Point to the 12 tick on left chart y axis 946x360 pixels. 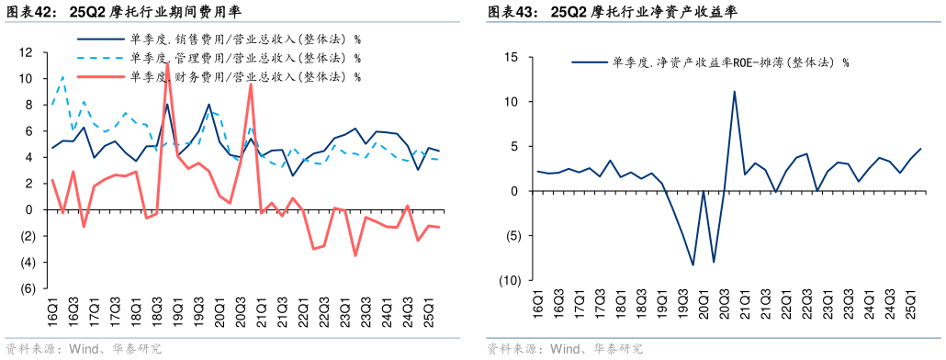coord(27,52)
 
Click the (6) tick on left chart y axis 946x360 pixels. coord(27,288)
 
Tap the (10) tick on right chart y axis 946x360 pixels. coord(508,280)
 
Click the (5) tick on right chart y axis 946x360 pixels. coord(511,236)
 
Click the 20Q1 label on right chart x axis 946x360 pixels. coord(704,307)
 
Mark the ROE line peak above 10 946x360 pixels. coord(734,91)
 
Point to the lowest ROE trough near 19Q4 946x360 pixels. coord(693,264)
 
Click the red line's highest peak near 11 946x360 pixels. coord(166,64)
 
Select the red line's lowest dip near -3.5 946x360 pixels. coord(355,255)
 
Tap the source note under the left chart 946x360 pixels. coord(83,349)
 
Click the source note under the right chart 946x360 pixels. coord(564,349)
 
